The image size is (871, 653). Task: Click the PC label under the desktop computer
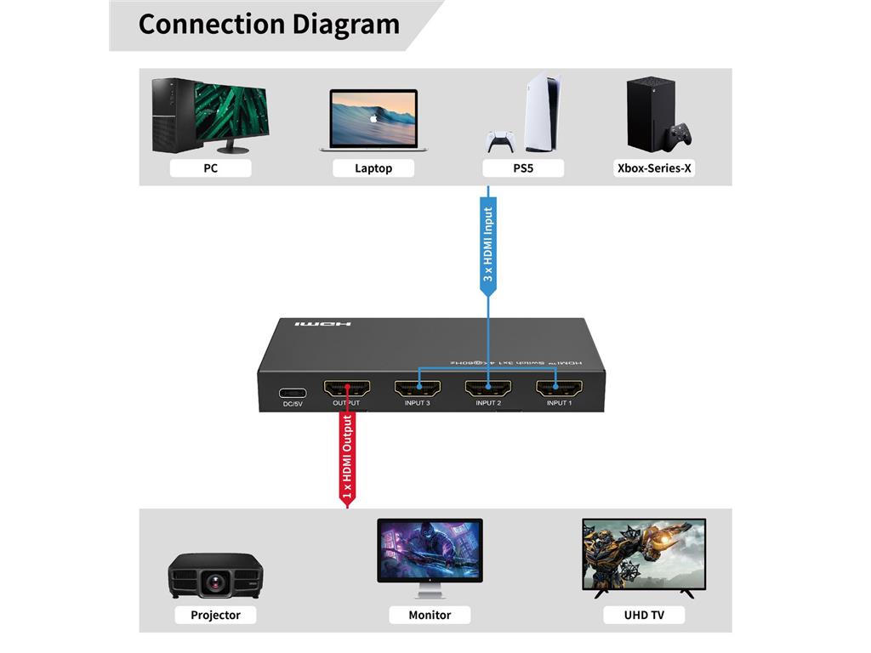point(210,168)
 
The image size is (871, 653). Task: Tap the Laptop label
point(373,168)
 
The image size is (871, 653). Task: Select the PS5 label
point(522,168)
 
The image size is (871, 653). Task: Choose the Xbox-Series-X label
point(654,168)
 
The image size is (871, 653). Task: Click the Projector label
point(215,615)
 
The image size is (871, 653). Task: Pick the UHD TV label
point(644,615)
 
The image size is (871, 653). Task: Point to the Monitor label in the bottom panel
point(430,615)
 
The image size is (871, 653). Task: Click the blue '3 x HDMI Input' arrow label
point(488,247)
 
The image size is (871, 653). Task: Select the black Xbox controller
point(679,136)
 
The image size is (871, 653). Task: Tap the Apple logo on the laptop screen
point(373,120)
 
